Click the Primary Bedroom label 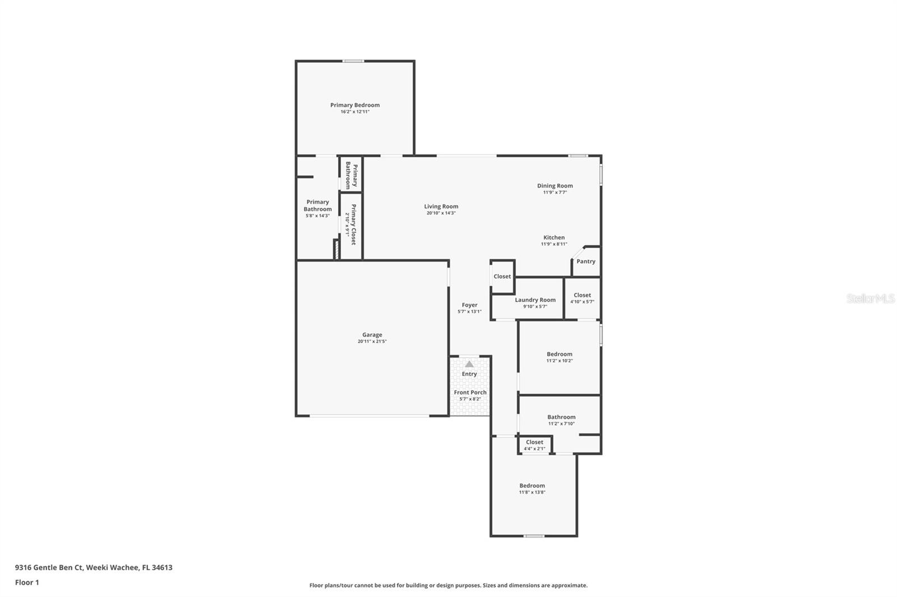coord(354,105)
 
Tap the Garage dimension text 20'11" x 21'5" coord(372,342)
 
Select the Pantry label coord(586,262)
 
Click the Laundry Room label coord(535,300)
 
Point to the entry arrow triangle coord(469,365)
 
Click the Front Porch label coord(470,393)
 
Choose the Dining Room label coord(554,186)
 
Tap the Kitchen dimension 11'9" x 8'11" coord(554,244)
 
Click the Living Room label coord(441,207)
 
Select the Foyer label coord(469,305)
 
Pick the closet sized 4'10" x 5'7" coord(582,298)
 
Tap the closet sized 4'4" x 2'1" coord(534,445)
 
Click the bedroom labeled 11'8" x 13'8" coord(532,488)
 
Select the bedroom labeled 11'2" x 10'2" coord(560,357)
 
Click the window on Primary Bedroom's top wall coord(353,61)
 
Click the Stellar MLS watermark coord(870,299)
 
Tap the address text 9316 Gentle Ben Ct coord(49,567)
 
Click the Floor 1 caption coord(27,582)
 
